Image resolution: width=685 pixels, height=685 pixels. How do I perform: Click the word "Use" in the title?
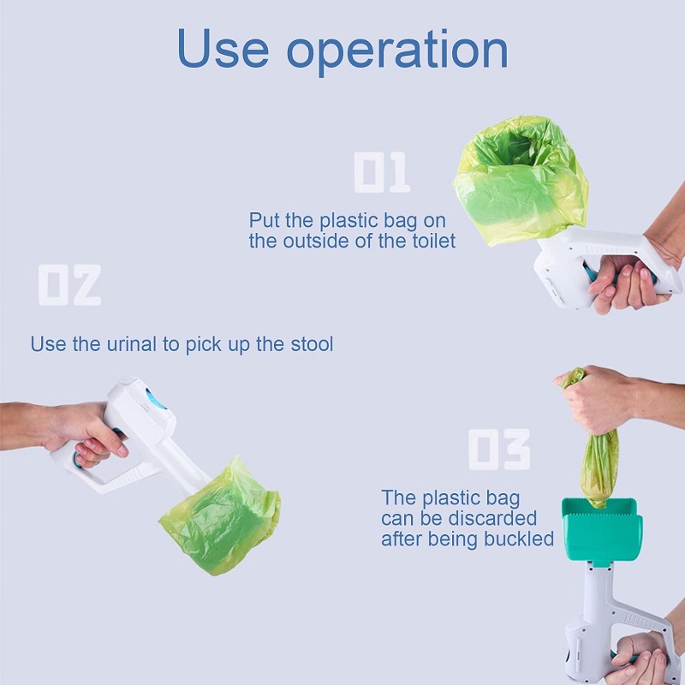click(x=223, y=48)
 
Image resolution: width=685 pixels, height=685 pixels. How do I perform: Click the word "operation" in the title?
click(x=397, y=52)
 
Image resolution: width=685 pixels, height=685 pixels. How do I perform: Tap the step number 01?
click(x=382, y=172)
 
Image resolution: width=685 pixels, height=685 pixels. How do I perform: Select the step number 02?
click(x=69, y=285)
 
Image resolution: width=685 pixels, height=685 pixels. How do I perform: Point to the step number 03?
click(x=499, y=449)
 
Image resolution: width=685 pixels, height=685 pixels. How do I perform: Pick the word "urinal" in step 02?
click(x=132, y=344)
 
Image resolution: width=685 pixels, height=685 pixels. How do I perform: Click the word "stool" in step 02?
click(x=312, y=344)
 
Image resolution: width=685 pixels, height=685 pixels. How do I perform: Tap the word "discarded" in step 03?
click(x=492, y=519)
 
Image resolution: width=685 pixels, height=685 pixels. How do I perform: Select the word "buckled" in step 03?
click(x=519, y=539)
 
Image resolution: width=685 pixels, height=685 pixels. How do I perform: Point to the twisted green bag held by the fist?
click(x=599, y=468)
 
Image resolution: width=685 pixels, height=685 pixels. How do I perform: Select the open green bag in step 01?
click(x=521, y=180)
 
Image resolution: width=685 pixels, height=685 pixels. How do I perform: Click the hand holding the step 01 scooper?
click(x=629, y=280)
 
